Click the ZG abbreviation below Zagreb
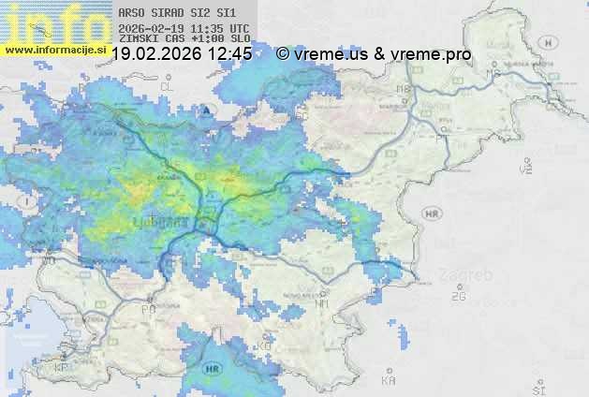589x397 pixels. [x=458, y=297]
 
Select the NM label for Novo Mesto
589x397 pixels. [x=323, y=304]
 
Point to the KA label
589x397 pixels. [x=388, y=381]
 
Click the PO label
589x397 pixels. [x=148, y=309]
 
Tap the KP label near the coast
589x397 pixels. [x=63, y=368]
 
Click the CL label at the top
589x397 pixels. [x=168, y=86]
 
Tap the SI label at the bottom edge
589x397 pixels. [x=537, y=388]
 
